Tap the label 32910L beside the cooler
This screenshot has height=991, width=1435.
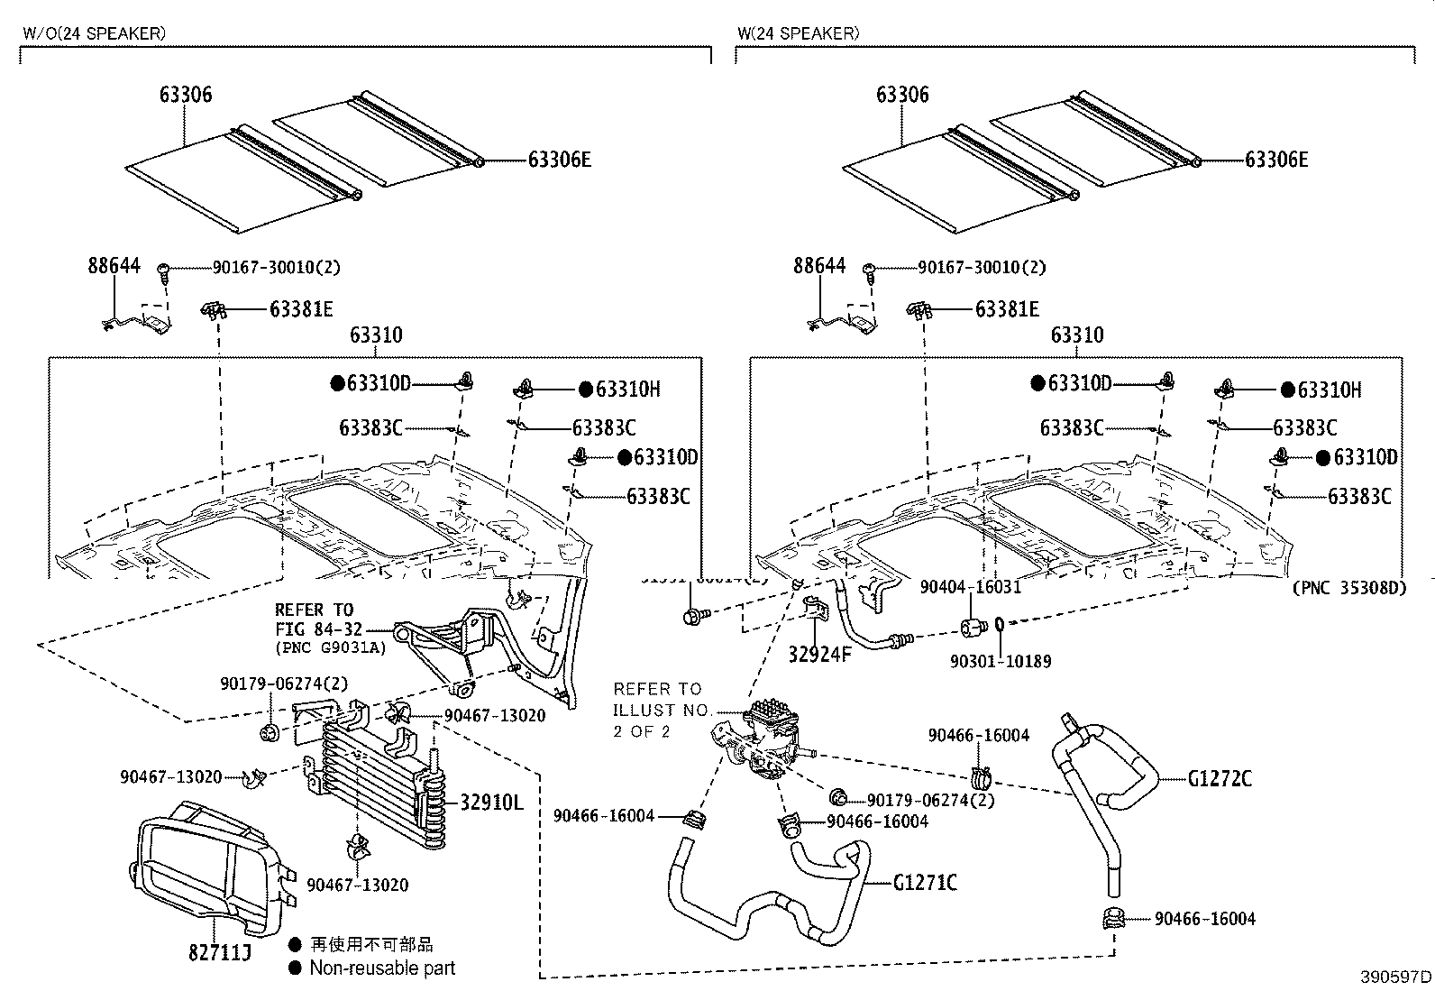point(491,802)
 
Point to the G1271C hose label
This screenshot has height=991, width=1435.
point(925,882)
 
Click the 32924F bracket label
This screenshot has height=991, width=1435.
point(819,655)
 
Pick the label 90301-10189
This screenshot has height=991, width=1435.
point(1001,661)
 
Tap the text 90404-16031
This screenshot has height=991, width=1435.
point(970,587)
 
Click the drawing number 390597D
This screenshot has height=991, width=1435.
point(1396,977)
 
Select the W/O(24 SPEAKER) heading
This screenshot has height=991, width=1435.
point(94,33)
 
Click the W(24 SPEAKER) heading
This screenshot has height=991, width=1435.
point(798,33)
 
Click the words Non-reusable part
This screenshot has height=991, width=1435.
point(381,968)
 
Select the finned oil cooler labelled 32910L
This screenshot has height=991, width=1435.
point(379,780)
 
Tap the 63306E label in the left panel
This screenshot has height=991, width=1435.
point(559,160)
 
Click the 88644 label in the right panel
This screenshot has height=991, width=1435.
point(819,266)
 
